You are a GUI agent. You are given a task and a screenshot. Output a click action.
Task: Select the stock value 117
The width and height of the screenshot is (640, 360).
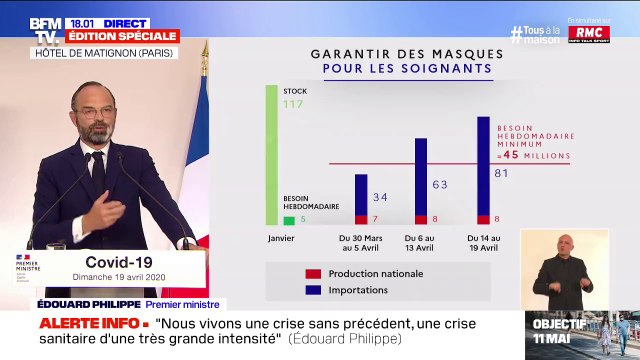click(293, 105)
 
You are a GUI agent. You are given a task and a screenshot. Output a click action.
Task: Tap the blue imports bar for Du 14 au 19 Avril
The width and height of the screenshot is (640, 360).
click(483, 165)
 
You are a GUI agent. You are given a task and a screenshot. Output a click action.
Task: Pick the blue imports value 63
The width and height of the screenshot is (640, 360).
click(440, 185)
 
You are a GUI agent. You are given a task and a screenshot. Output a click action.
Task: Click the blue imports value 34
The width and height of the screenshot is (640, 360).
click(380, 198)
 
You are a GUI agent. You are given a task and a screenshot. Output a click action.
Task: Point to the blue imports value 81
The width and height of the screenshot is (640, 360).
click(502, 173)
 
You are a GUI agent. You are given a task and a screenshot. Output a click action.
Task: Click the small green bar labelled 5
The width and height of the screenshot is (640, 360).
click(289, 220)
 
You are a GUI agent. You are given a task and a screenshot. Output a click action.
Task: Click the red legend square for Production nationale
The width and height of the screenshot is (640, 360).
click(313, 273)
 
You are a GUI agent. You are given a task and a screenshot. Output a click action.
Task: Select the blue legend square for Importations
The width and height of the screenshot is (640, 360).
click(313, 291)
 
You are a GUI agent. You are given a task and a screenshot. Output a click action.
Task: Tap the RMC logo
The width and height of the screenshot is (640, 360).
click(590, 34)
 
